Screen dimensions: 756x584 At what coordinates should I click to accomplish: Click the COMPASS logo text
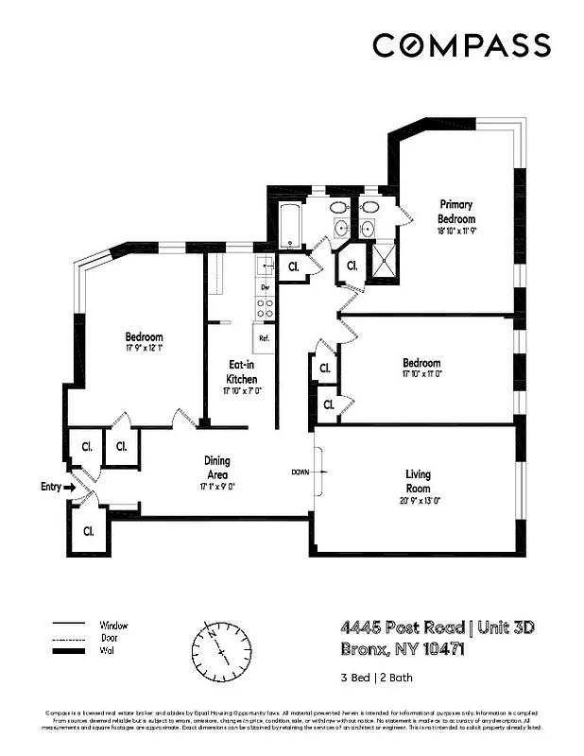tap(461, 44)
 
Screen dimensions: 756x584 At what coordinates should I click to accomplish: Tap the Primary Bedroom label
tap(455, 212)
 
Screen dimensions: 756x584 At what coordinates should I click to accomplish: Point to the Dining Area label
tap(217, 468)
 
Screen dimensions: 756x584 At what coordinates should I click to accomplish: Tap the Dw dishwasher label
tap(266, 286)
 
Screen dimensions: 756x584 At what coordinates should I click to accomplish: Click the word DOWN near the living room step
tap(301, 472)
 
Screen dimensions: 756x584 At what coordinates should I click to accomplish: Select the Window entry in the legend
tap(112, 625)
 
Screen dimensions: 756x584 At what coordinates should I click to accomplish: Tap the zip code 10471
tap(417, 649)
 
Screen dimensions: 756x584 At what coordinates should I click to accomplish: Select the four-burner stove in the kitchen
tap(266, 306)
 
